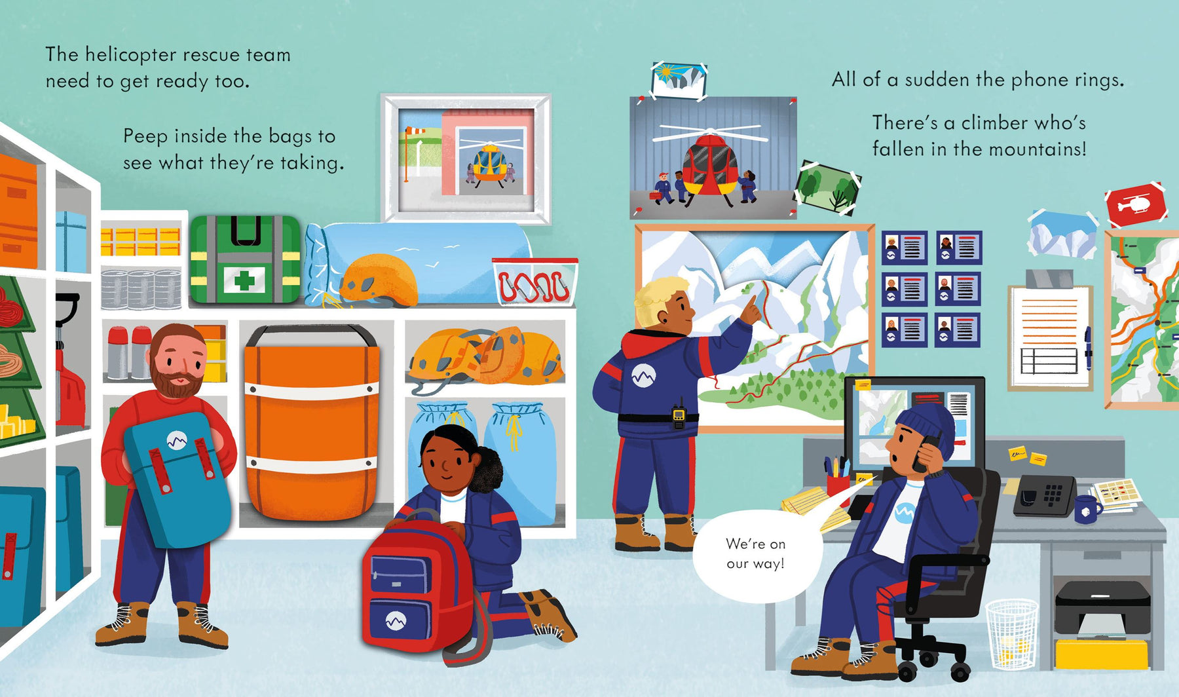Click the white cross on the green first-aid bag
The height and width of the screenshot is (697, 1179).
click(x=244, y=280)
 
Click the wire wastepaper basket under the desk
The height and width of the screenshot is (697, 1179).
click(x=1012, y=635)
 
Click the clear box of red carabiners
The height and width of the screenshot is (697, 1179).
click(x=535, y=282)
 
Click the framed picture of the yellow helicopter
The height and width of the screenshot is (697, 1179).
click(x=466, y=159)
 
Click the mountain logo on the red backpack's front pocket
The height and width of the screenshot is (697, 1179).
click(x=395, y=619)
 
